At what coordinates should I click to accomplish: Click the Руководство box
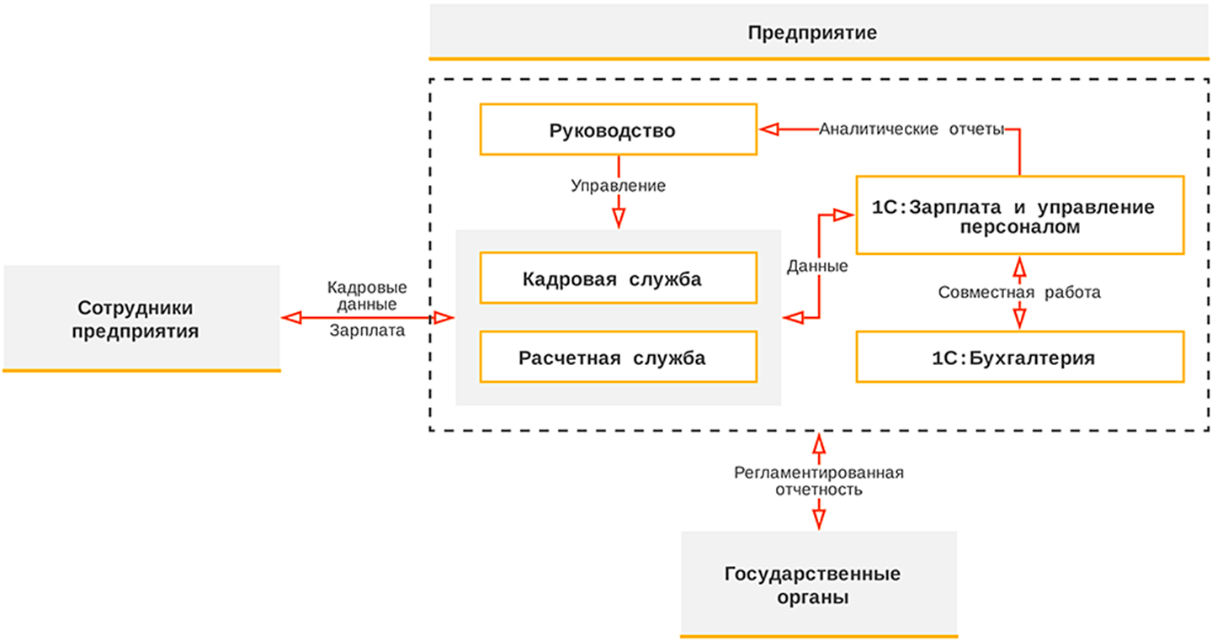click(x=618, y=130)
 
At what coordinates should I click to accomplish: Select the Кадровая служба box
click(x=618, y=278)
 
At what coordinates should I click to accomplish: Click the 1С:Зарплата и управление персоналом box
click(x=1019, y=215)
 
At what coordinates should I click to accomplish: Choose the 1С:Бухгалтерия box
click(x=1019, y=357)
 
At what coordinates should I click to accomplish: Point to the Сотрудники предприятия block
click(x=141, y=318)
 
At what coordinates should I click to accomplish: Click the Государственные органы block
click(x=818, y=585)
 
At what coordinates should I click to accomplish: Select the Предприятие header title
click(x=812, y=34)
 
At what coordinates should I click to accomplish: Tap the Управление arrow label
click(x=618, y=186)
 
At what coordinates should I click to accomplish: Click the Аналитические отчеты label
click(x=912, y=130)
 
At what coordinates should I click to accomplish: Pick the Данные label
click(x=817, y=267)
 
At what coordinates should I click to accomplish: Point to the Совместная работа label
click(x=1019, y=293)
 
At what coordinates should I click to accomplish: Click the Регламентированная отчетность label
click(x=818, y=480)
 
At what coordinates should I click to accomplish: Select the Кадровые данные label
click(x=367, y=294)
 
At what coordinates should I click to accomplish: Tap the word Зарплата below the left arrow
click(x=367, y=331)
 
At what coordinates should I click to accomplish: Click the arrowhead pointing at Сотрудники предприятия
click(x=291, y=317)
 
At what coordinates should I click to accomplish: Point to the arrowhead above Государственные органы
click(x=818, y=518)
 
